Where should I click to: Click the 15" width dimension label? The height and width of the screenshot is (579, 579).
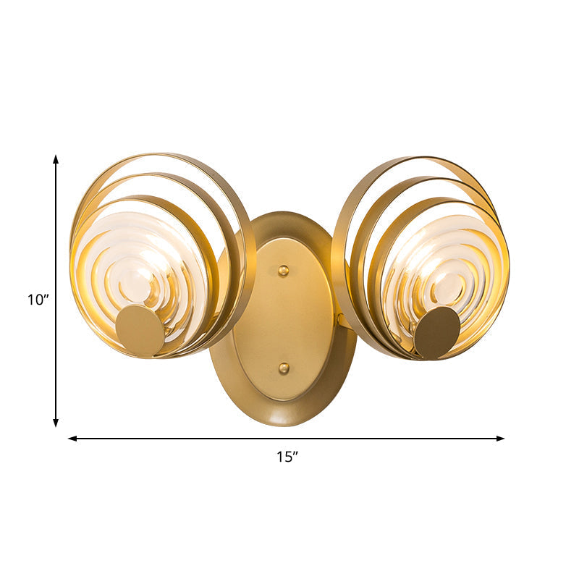[287, 457]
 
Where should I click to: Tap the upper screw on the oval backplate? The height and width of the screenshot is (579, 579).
[284, 271]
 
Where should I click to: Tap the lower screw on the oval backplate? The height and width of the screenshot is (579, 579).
[284, 368]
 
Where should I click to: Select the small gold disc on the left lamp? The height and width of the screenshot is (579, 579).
[140, 330]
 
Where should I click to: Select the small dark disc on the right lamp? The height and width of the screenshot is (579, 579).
[436, 332]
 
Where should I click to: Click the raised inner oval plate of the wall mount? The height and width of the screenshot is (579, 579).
[284, 318]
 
